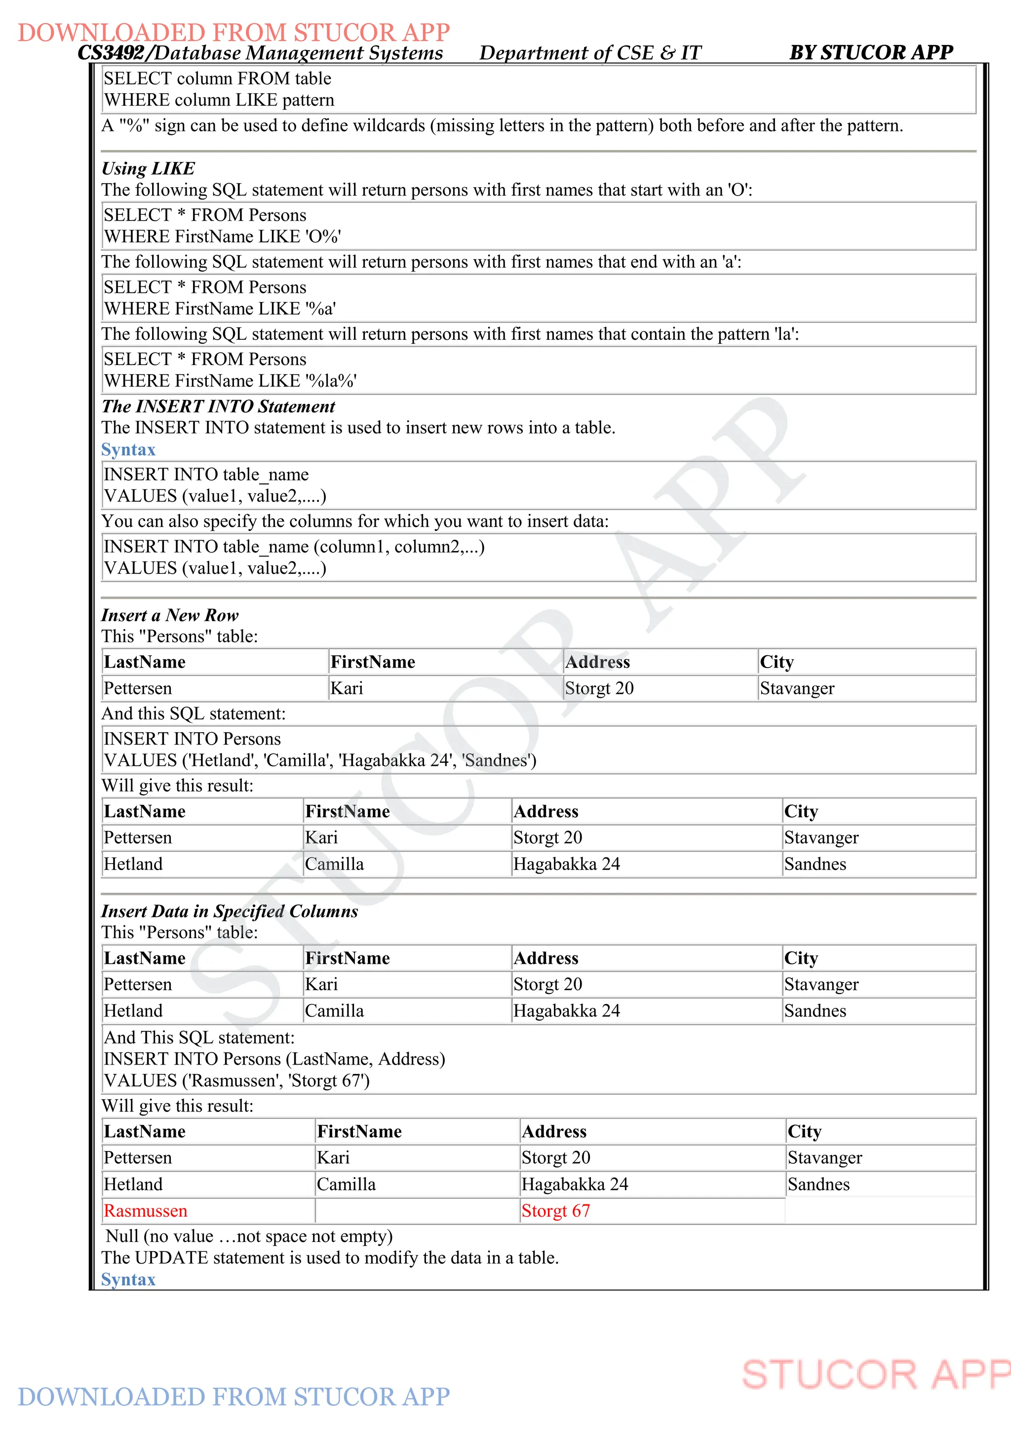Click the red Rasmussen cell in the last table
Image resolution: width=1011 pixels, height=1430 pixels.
pyautogui.click(x=145, y=1211)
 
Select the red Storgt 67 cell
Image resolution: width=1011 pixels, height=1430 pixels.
pyautogui.click(x=555, y=1211)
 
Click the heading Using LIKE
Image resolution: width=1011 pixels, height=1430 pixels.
pyautogui.click(x=148, y=168)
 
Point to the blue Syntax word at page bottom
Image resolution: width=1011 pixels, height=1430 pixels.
pyautogui.click(x=128, y=1279)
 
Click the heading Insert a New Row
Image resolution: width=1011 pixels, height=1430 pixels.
pyautogui.click(x=170, y=615)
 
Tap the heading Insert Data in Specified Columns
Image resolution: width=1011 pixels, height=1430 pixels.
pyautogui.click(x=230, y=911)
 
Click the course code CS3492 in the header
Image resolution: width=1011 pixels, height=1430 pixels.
pyautogui.click(x=111, y=53)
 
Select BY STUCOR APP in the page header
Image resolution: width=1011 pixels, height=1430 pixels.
pyautogui.click(x=871, y=52)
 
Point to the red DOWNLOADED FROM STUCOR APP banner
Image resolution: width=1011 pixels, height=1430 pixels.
pyautogui.click(x=233, y=33)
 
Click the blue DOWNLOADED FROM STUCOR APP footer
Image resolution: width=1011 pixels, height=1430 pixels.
pyautogui.click(x=233, y=1396)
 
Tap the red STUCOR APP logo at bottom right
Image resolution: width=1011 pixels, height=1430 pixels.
pyautogui.click(x=875, y=1375)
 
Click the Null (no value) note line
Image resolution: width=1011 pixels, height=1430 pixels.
pyautogui.click(x=249, y=1236)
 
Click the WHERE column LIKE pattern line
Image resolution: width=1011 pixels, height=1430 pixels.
pyautogui.click(x=219, y=100)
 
